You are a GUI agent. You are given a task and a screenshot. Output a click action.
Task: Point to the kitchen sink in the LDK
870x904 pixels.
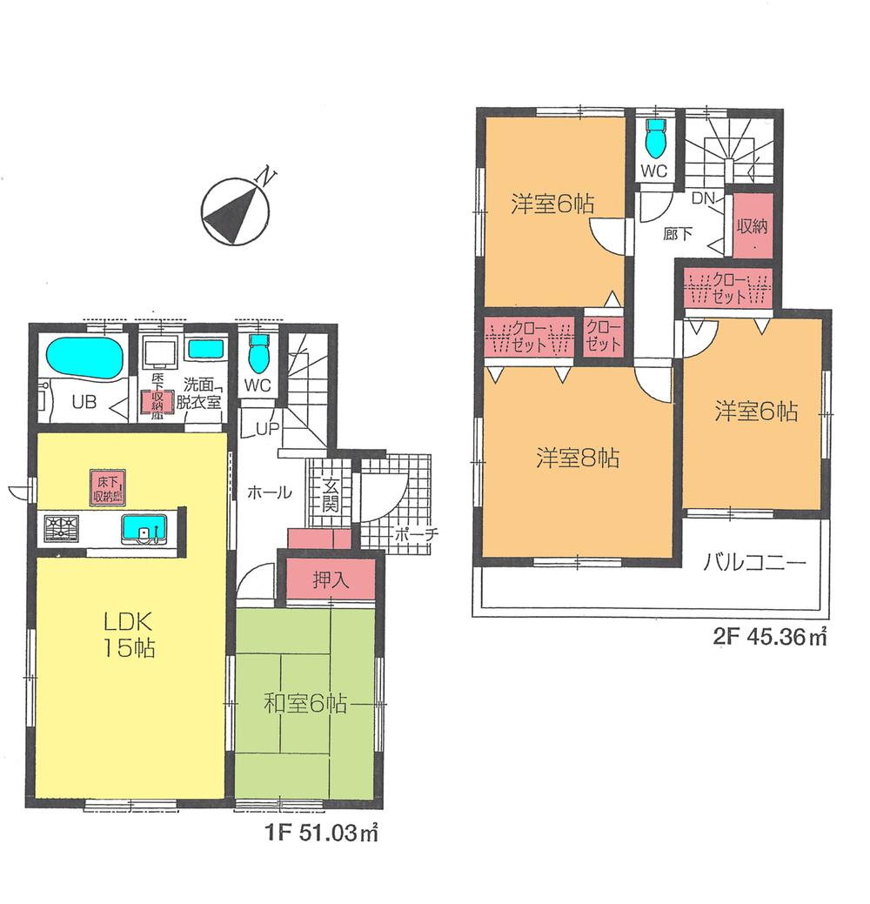(143, 528)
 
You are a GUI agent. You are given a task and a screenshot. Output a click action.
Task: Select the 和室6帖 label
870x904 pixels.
(304, 704)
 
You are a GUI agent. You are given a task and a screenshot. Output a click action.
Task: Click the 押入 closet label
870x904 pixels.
(331, 581)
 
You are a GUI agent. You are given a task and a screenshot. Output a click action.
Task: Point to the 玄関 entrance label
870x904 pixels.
(331, 497)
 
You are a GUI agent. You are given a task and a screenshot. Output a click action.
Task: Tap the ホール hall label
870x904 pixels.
(271, 492)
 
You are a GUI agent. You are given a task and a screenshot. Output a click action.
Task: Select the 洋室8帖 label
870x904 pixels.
(577, 458)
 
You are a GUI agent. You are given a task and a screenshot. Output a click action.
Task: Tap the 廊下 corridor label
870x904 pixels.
(673, 233)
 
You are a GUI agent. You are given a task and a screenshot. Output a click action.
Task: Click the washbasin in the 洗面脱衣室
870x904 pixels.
(206, 350)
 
